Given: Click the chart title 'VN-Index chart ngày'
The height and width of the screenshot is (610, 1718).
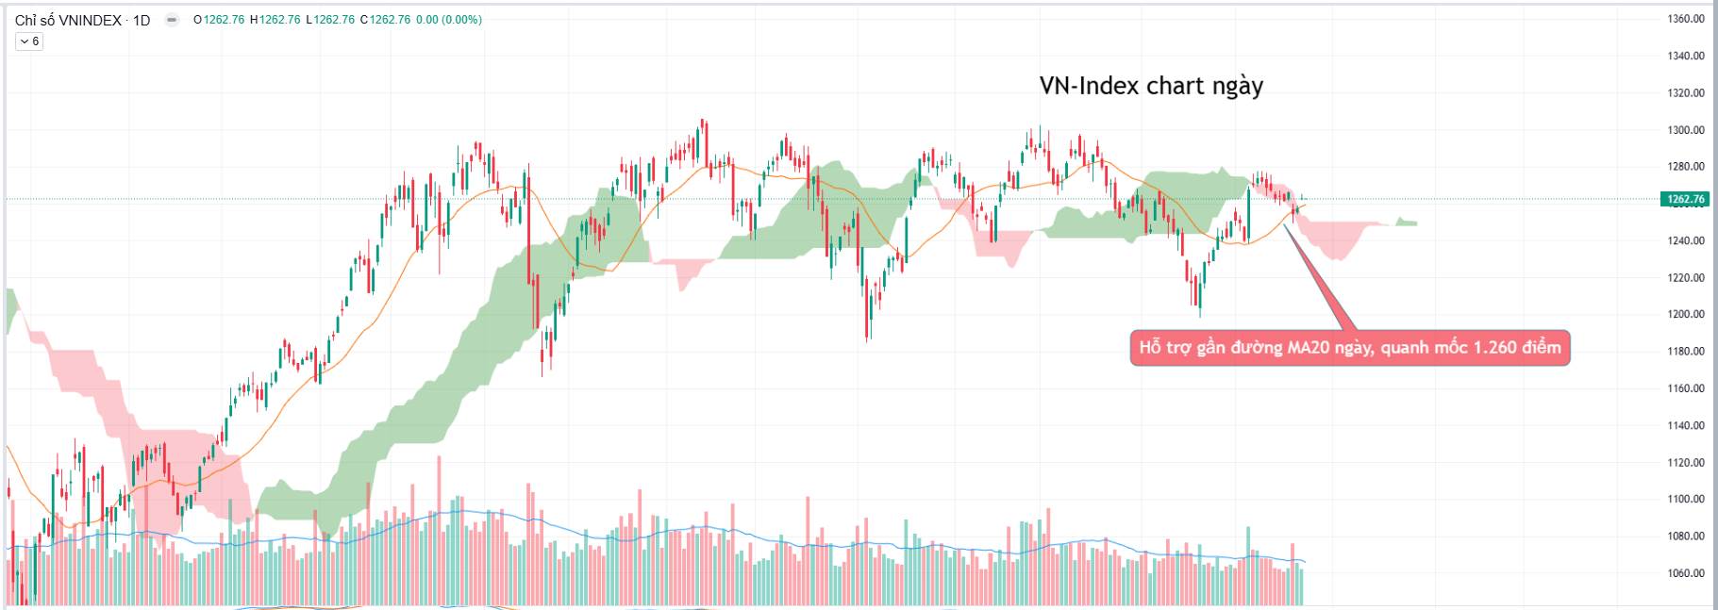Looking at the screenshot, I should click(1151, 86).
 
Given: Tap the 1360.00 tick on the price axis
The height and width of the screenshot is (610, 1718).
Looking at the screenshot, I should click(1685, 19).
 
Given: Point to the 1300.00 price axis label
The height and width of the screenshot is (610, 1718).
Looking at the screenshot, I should click(1685, 130).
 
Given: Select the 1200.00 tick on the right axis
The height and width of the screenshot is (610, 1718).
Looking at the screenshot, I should click(1685, 314).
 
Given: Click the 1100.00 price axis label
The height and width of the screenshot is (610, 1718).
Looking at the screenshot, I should click(1685, 499).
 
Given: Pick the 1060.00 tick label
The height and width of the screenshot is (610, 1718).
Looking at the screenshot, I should click(1685, 573).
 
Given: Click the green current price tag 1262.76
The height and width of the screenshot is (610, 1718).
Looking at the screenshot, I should click(1685, 199).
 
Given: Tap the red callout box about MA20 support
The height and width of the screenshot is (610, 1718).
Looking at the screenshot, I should click(1349, 348).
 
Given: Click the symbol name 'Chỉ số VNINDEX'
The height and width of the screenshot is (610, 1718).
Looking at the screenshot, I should click(68, 20).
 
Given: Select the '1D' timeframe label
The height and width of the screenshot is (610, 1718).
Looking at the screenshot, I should click(142, 20).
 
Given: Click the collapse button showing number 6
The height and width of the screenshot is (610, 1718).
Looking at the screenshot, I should click(29, 41).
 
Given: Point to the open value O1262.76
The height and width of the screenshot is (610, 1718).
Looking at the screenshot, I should click(218, 20).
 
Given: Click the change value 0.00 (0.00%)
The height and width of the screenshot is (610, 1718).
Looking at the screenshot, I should click(449, 20).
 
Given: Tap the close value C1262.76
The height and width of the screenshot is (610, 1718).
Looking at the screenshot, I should click(385, 20).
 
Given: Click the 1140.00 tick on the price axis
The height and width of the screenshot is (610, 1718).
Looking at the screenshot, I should click(1685, 425).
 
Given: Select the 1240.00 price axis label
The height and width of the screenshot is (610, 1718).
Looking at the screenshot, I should click(1685, 240).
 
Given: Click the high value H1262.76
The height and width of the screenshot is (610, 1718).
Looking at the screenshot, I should click(275, 20).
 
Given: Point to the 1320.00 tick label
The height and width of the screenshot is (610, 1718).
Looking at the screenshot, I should click(1685, 93).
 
